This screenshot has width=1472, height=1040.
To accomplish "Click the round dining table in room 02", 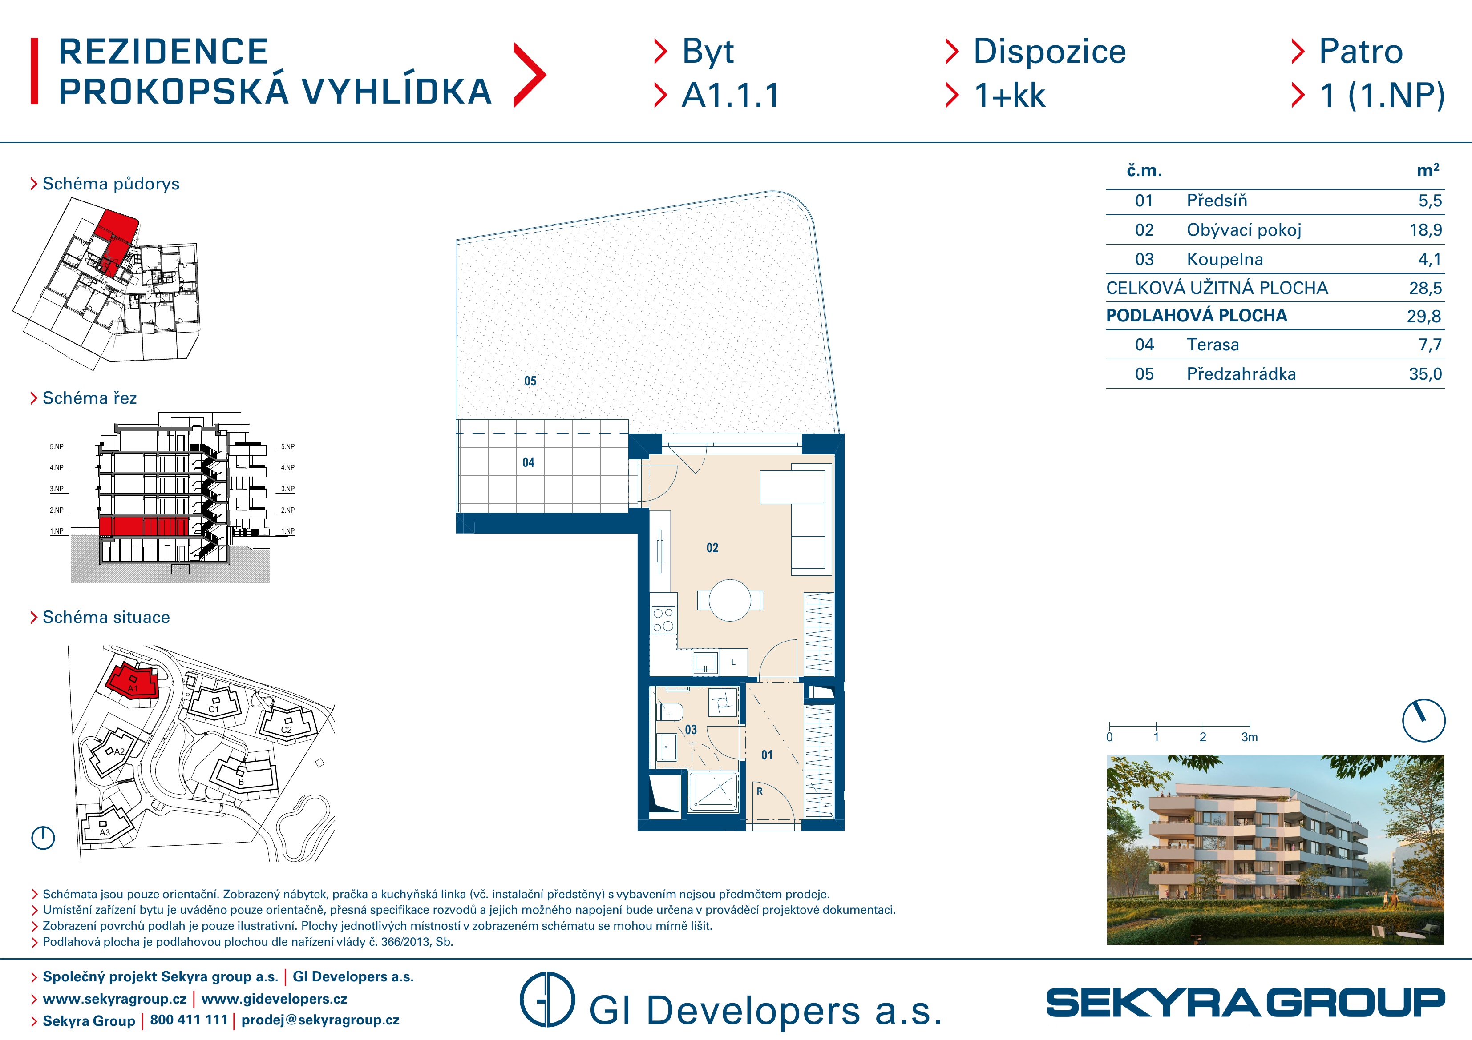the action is [x=730, y=600].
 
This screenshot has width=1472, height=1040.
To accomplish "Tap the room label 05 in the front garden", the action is [x=530, y=381].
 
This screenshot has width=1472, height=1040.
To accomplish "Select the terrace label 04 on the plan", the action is [x=528, y=463].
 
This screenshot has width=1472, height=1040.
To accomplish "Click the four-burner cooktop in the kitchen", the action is [x=663, y=620].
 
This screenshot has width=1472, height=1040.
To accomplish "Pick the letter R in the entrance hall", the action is [x=760, y=791].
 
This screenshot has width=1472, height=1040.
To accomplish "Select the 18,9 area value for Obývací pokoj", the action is [x=1426, y=230].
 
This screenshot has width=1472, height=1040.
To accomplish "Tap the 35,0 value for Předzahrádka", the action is [x=1425, y=374].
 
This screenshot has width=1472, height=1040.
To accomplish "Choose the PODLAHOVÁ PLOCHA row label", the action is [x=1196, y=315].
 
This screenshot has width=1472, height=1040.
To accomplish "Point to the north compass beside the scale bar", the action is [x=1423, y=720].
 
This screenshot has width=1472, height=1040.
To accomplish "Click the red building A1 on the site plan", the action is [x=133, y=681].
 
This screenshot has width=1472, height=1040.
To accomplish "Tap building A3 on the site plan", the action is [x=105, y=827].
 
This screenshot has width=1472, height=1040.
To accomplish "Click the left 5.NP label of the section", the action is [x=57, y=446].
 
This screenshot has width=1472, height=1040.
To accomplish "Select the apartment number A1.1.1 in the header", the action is [x=730, y=96].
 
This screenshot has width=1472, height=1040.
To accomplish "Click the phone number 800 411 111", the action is [x=189, y=1020].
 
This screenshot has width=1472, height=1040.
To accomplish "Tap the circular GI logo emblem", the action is [x=547, y=999].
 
